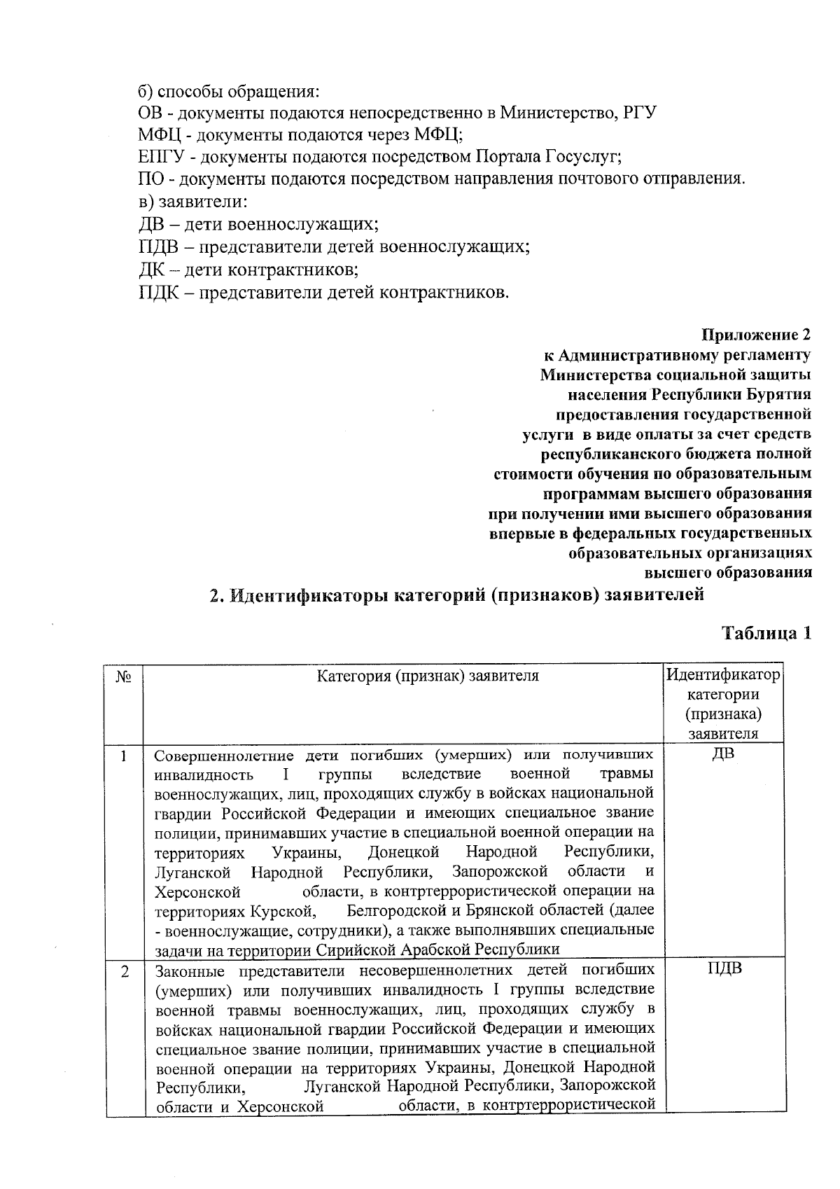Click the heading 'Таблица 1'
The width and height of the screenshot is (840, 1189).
click(x=766, y=633)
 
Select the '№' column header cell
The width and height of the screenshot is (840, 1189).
click(x=124, y=677)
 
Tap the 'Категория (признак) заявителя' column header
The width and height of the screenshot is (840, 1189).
click(x=428, y=676)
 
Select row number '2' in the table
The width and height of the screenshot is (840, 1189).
click(x=124, y=972)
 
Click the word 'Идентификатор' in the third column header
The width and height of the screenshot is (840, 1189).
click(x=723, y=676)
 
